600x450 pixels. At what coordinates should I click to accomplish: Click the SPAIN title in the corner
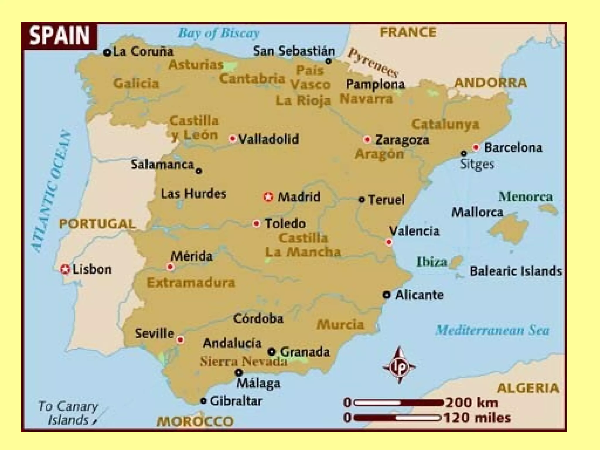59,35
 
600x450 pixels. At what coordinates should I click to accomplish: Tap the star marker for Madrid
268,197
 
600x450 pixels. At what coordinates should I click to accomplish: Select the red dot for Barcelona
476,147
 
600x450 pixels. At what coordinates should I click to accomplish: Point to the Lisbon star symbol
65,269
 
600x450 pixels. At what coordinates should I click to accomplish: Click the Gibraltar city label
236,401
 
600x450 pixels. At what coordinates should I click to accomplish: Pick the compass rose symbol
399,366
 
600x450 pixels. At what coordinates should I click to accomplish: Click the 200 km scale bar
399,403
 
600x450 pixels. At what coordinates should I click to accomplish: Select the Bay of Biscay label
219,33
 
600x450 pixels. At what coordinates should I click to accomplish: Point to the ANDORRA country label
491,83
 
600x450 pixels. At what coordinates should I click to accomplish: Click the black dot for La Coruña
107,52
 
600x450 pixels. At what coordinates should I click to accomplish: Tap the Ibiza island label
432,261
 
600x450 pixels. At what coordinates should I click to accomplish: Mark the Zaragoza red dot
367,139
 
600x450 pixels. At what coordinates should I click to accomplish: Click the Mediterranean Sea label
492,330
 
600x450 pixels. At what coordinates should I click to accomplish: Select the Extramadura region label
191,282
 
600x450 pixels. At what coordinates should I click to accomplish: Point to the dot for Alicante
387,295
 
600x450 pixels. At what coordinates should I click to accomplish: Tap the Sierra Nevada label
243,361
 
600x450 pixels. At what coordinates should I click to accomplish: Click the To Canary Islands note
68,413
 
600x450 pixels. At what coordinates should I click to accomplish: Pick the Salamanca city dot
199,171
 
